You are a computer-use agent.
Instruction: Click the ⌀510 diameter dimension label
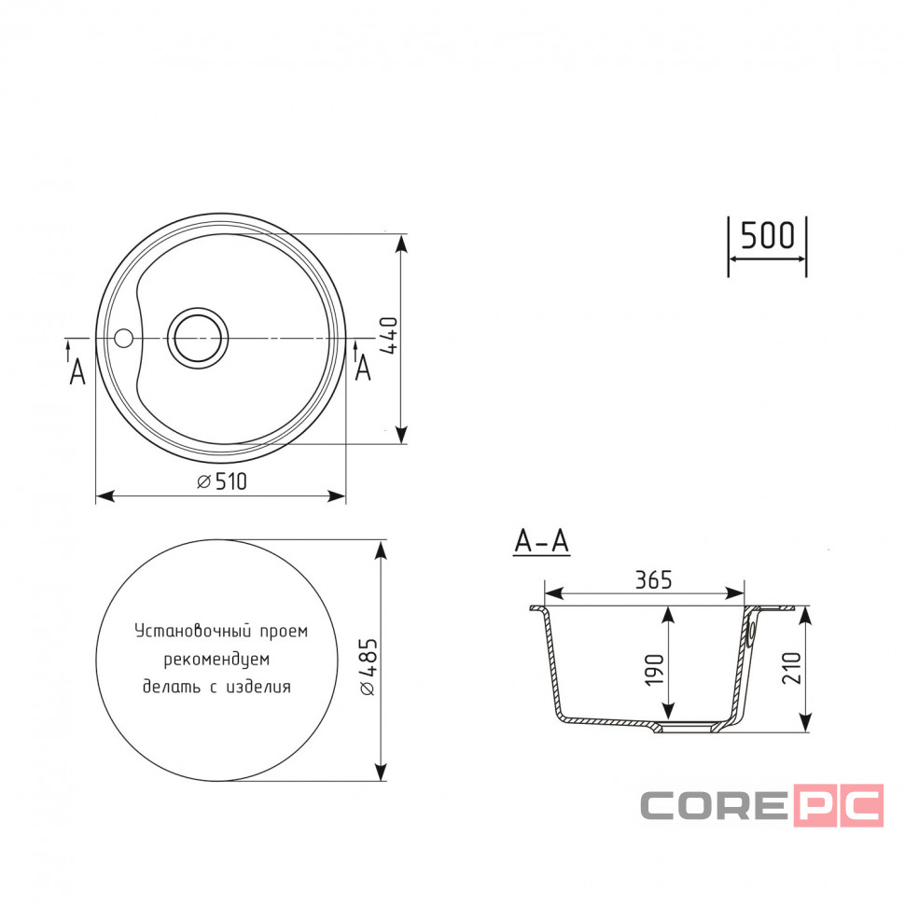(x=222, y=480)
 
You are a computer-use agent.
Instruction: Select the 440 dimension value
(x=388, y=335)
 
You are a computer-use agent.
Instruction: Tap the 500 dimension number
(x=767, y=235)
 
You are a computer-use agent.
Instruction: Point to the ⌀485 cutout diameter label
(x=369, y=667)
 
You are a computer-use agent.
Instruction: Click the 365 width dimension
(x=653, y=580)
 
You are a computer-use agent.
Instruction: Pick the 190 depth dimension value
(x=655, y=670)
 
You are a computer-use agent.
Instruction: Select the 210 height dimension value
(x=791, y=668)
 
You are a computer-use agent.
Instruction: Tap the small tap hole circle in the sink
(x=123, y=338)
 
